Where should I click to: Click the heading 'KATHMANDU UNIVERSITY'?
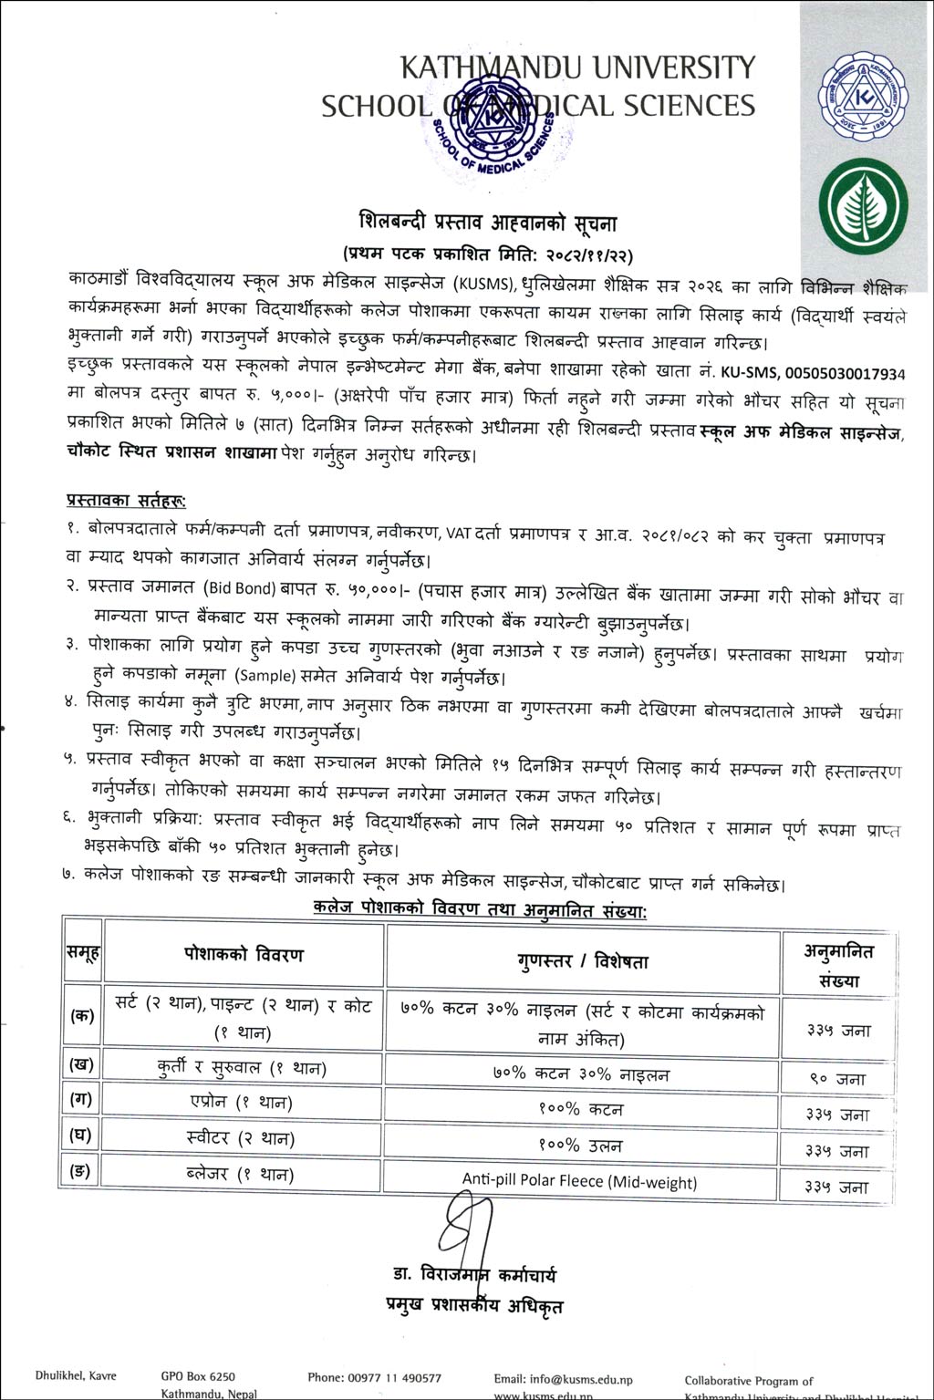[578, 67]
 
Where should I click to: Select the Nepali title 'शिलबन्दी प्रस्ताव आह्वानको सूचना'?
[488, 223]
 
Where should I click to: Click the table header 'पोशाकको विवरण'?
[243, 955]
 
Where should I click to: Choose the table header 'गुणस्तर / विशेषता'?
[583, 960]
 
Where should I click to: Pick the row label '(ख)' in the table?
[82, 1063]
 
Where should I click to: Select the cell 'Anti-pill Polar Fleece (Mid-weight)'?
[579, 1181]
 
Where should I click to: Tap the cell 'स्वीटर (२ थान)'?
[241, 1138]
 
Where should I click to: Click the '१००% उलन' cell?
[581, 1146]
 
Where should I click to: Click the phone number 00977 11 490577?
[375, 1378]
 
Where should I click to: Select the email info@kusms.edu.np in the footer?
[563, 1379]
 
